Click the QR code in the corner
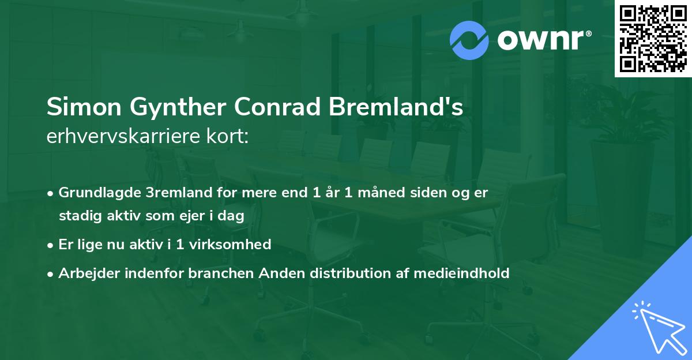click(653, 38)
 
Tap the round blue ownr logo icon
click(469, 40)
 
